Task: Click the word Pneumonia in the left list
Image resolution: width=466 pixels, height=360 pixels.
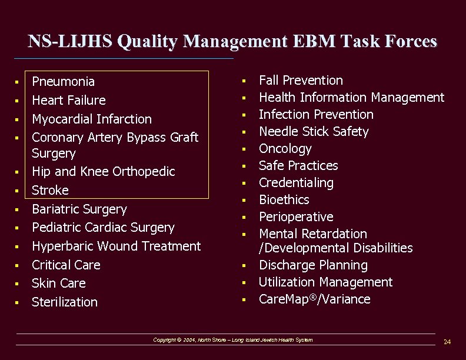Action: coord(63,81)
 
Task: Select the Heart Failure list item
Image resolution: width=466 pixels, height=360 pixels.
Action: coord(69,100)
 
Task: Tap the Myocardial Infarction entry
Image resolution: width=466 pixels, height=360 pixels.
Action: coord(91,119)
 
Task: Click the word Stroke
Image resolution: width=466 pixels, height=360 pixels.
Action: coord(50,190)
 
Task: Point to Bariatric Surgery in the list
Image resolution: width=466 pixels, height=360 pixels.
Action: coord(79,209)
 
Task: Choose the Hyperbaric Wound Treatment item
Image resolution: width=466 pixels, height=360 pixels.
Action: coord(116,246)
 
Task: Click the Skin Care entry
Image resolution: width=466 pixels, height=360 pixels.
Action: coord(58,283)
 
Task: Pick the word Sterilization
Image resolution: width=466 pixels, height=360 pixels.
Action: coord(65,302)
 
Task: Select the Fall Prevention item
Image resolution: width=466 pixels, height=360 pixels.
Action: coord(301,80)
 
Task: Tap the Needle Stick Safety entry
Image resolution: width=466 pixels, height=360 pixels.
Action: coord(314,131)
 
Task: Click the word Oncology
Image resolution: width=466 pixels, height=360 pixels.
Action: coord(285,148)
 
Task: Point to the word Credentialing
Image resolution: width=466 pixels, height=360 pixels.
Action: coord(296,182)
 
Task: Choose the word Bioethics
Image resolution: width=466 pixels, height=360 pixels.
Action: coord(284,199)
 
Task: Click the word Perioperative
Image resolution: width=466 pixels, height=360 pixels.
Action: coord(296,216)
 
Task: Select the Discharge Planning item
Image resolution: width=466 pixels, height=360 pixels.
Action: coord(313,265)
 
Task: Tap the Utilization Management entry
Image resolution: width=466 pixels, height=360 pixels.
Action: coord(325,282)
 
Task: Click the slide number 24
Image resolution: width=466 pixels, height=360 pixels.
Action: coord(447,342)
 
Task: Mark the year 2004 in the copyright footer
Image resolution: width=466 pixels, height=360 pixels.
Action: coord(189,340)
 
